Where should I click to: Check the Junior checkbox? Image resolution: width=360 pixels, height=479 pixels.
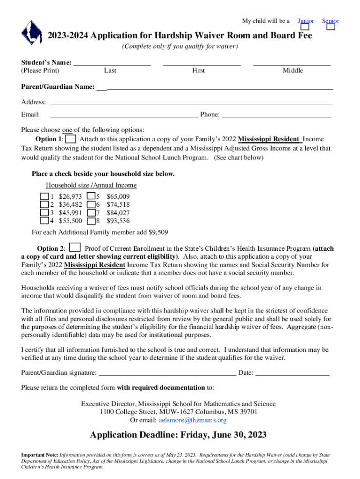305,27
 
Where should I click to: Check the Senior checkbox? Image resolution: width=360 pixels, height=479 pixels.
331,27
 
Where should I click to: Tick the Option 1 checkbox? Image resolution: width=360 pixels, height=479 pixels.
71,139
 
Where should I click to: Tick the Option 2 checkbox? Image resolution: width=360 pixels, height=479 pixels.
75,248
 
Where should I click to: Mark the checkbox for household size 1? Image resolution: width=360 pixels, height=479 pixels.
44,196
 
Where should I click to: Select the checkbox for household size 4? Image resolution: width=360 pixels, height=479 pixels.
44,221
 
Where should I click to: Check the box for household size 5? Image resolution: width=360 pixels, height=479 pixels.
92,196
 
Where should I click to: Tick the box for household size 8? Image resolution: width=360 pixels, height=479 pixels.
92,221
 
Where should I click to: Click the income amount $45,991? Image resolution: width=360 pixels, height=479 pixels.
71,213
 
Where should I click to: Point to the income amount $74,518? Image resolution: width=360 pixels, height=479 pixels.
118,205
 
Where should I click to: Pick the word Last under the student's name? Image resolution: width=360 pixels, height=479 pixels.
110,71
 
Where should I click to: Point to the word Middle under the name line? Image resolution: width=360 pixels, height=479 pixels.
293,71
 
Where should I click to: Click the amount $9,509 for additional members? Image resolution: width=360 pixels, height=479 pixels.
158,232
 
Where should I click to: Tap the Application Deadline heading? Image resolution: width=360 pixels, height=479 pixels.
179,435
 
